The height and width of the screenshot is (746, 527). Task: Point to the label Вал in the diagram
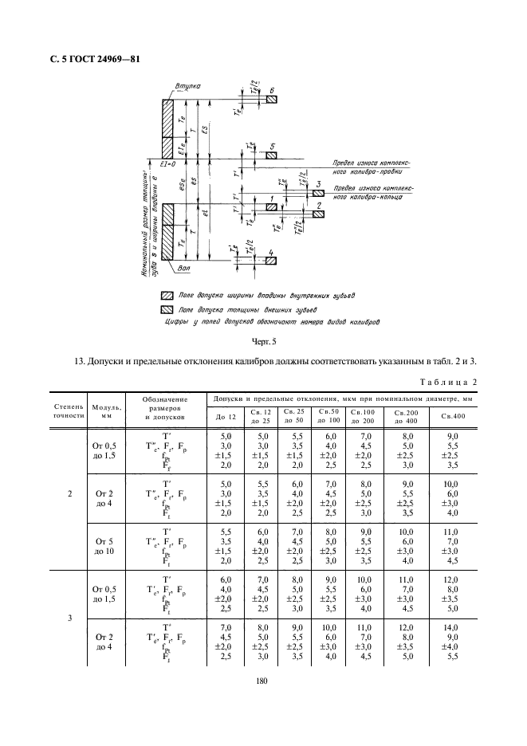coord(186,268)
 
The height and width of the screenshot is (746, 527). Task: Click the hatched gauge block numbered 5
coord(272,155)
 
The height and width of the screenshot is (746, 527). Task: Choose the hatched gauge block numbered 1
coord(272,206)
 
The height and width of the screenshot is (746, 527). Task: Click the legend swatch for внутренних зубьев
coord(167,294)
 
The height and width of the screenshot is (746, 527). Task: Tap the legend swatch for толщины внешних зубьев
coord(167,308)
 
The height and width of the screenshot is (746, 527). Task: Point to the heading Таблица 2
coord(451,382)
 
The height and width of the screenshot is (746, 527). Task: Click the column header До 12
coord(226,417)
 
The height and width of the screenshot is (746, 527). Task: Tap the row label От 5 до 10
coord(104,544)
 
